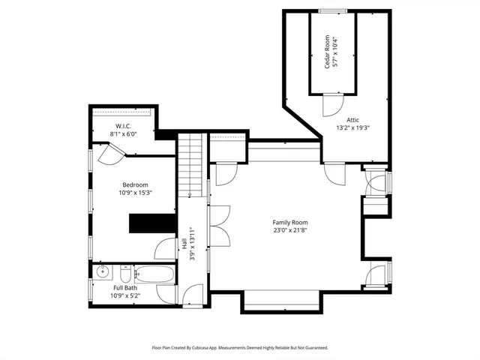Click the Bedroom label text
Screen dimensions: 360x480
tap(136, 184)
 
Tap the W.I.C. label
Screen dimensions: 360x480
tap(124, 125)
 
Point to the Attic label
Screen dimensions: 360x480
tap(352, 119)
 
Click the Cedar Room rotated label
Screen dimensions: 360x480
tap(328, 53)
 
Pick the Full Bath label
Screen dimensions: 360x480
tap(125, 287)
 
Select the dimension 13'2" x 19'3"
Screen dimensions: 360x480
tap(352, 127)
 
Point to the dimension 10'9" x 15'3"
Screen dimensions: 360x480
tap(136, 193)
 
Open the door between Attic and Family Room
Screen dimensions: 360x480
tap(333, 173)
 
